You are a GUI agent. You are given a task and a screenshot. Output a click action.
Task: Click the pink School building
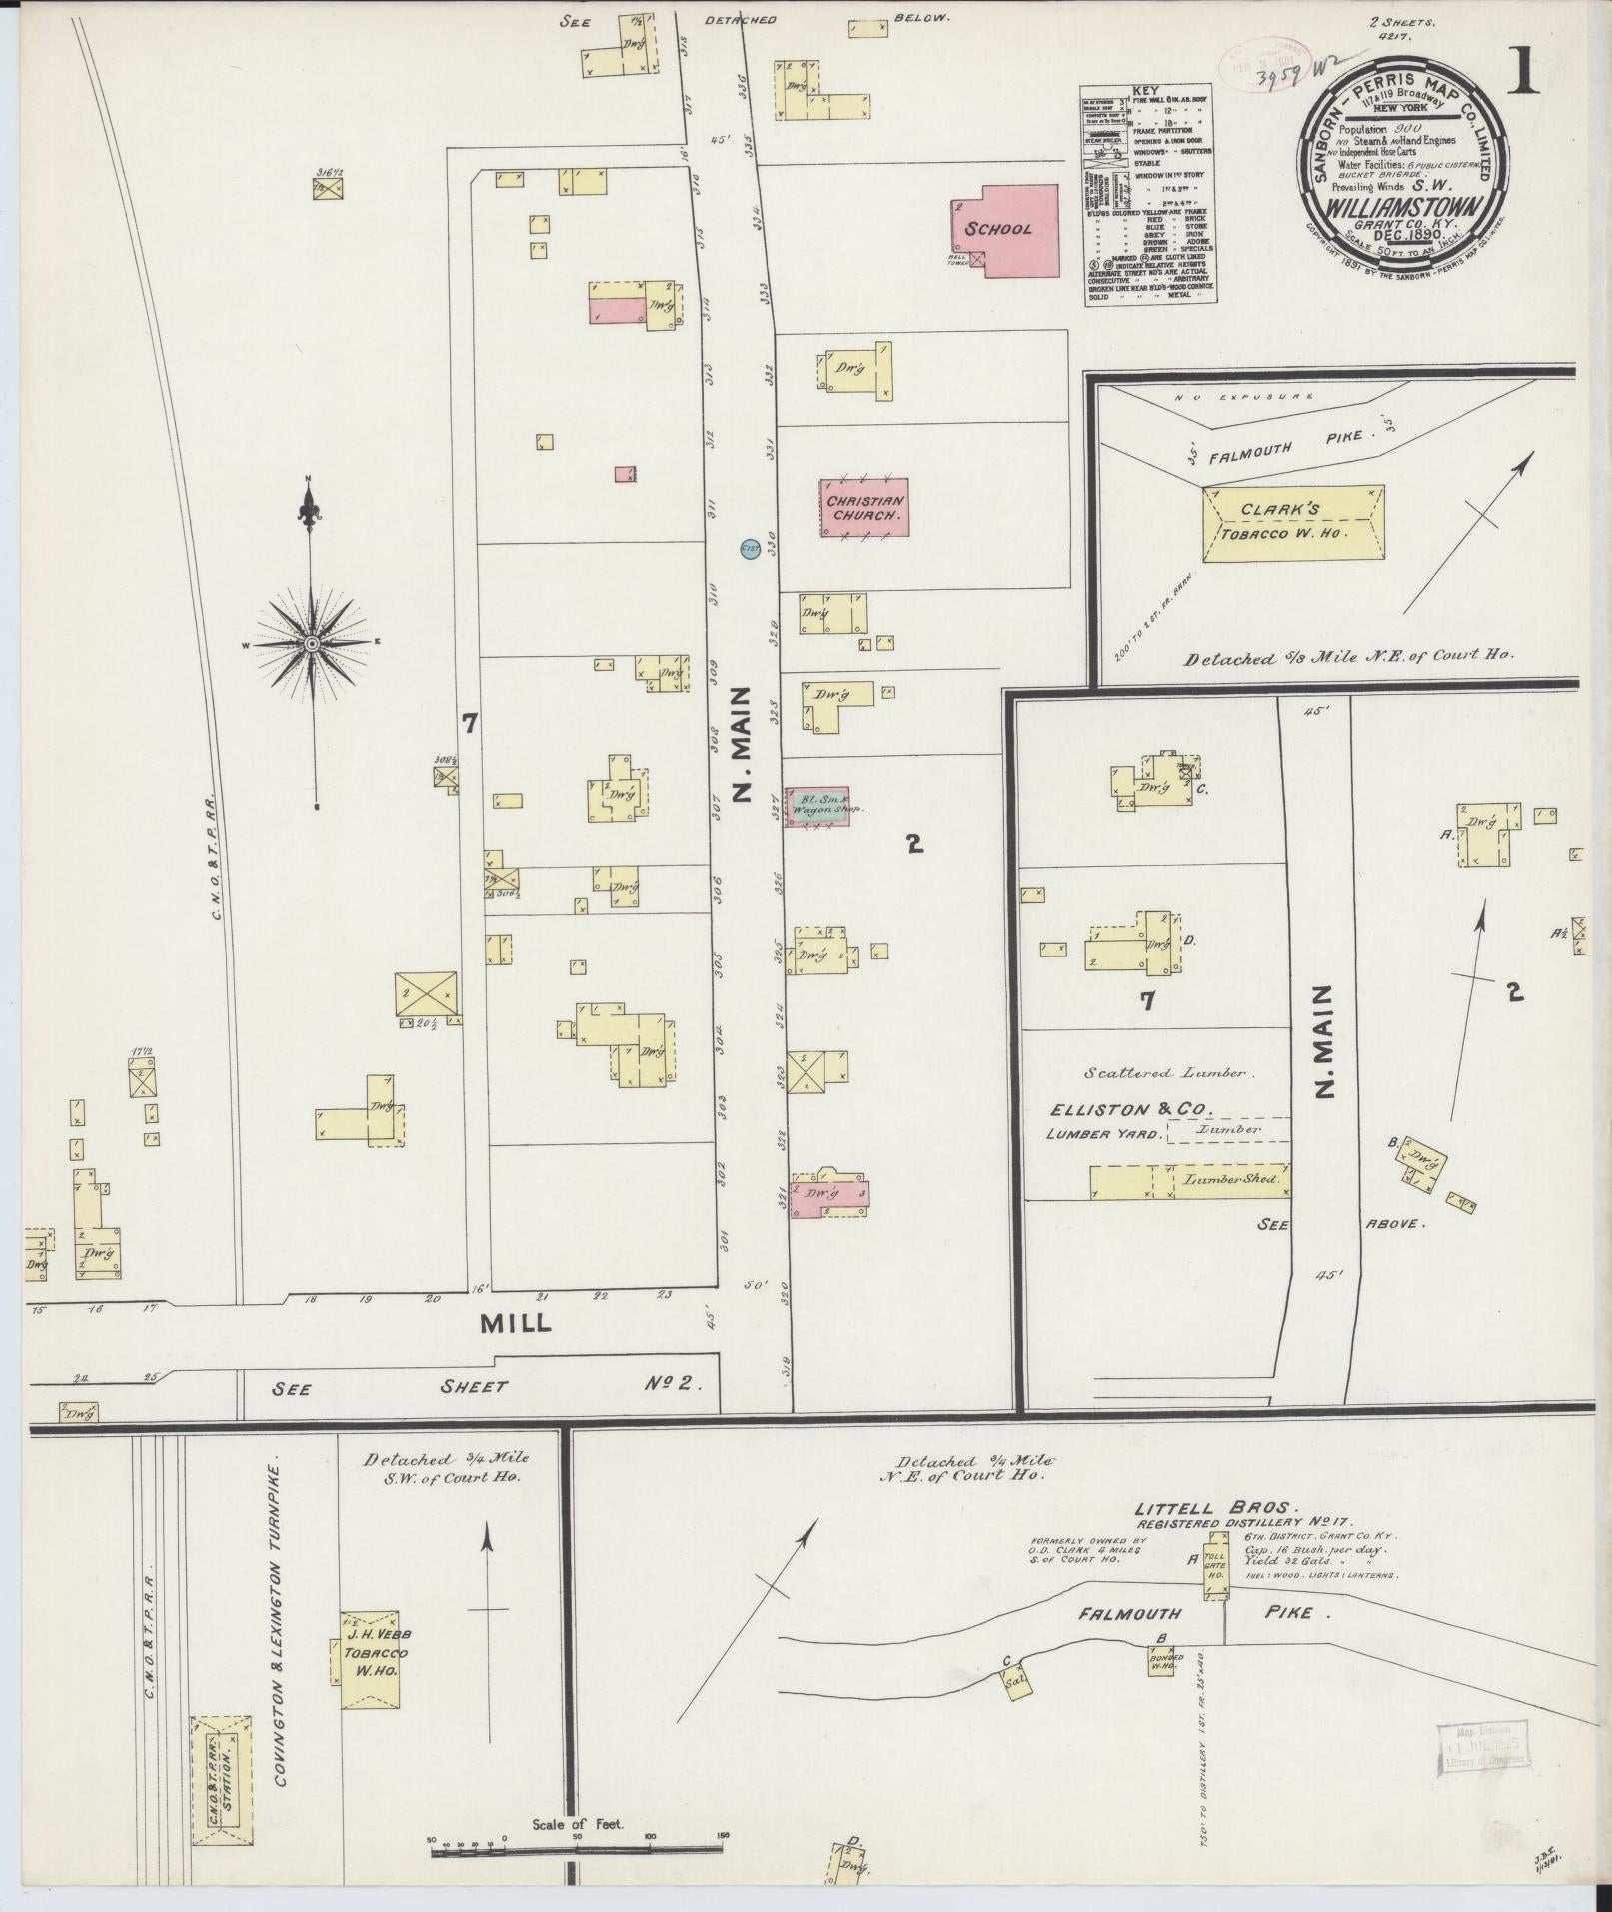(x=1005, y=229)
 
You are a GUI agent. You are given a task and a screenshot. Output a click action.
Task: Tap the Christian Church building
(x=864, y=508)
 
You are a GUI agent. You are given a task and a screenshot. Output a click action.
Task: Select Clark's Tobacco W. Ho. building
(x=1292, y=523)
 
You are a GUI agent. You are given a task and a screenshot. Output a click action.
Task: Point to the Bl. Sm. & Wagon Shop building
(x=816, y=806)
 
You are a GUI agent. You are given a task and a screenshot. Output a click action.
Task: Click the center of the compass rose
(x=312, y=643)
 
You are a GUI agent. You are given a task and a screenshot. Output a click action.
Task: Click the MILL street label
(x=515, y=1323)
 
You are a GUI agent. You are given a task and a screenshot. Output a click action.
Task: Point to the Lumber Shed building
(x=1189, y=1180)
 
